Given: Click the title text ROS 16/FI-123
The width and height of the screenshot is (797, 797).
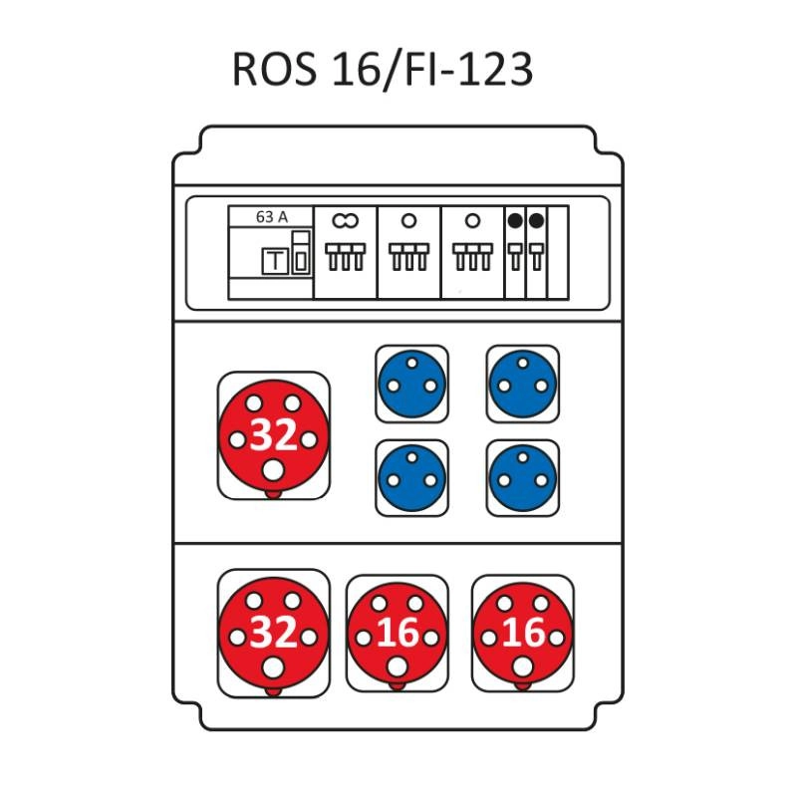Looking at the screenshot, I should [x=383, y=70].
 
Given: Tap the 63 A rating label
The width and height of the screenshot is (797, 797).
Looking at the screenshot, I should [x=271, y=216].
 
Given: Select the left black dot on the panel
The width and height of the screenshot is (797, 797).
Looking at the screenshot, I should [x=515, y=220].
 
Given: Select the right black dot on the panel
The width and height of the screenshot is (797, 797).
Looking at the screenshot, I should [x=536, y=220].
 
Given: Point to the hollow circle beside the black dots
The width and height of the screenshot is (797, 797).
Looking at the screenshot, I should [x=472, y=220].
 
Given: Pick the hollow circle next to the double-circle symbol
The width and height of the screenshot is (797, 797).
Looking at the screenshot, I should [x=408, y=220].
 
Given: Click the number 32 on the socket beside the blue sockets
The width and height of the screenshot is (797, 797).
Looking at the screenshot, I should [x=273, y=436].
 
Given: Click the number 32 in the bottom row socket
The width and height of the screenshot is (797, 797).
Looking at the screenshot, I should [x=273, y=634].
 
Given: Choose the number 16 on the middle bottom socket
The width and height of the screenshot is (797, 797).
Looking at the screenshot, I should [x=397, y=634].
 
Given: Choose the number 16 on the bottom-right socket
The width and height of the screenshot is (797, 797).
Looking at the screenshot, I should [x=522, y=634].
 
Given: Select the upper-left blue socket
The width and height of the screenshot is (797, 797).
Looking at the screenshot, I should [x=411, y=384].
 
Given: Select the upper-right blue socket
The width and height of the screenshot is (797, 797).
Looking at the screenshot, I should [x=523, y=384].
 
